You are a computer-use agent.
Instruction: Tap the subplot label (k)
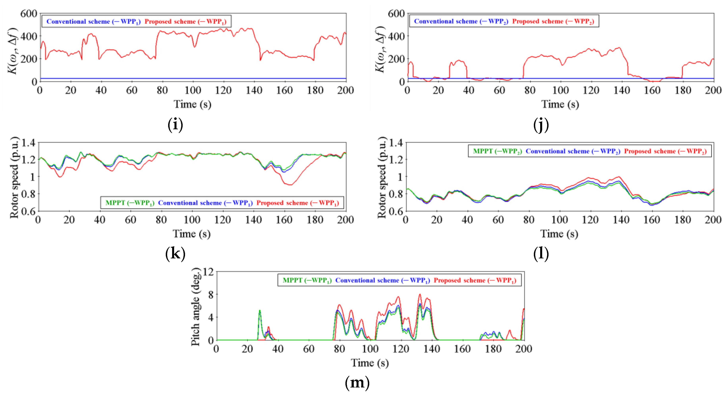point(175,253)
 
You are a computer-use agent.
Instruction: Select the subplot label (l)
point(541,253)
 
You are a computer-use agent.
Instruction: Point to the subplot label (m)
point(357,382)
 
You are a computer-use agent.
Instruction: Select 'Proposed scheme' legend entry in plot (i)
point(185,21)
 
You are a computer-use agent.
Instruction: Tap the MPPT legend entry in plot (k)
point(130,203)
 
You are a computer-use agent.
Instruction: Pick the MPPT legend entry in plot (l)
point(497,151)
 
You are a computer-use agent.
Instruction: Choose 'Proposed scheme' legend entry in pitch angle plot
point(475,280)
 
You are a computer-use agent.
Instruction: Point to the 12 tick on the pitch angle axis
point(208,272)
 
